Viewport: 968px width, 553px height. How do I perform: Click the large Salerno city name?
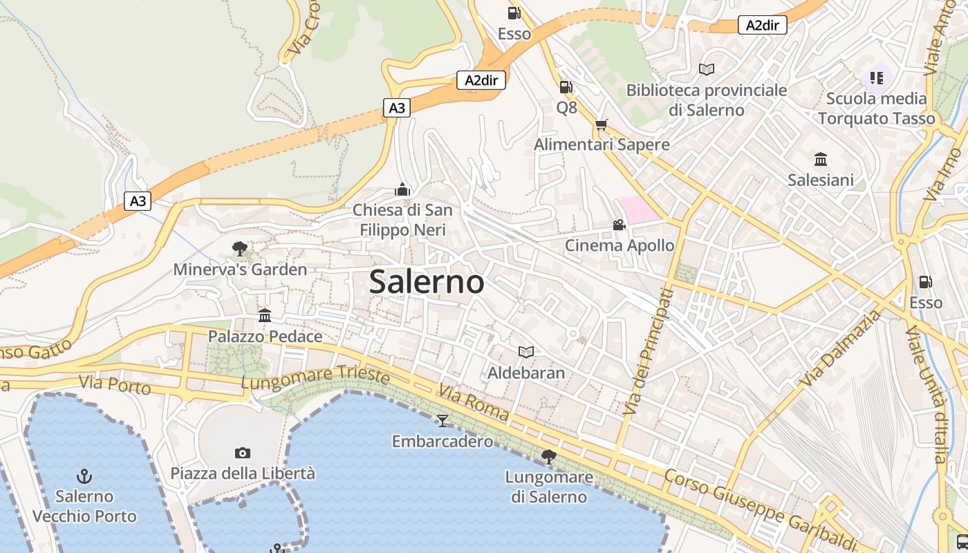[427, 282]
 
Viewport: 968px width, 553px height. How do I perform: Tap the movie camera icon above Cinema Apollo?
[619, 225]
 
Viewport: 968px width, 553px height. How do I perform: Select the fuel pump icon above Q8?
[566, 87]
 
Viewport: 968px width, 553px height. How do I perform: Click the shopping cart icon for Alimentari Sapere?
[601, 124]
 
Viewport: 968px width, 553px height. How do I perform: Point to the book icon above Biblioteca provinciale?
[706, 69]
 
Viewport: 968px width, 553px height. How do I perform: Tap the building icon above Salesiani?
[821, 160]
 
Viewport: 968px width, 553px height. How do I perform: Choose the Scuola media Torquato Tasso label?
[876, 109]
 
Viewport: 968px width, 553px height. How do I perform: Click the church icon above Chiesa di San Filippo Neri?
[402, 189]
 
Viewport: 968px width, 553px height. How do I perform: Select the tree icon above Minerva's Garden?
[240, 248]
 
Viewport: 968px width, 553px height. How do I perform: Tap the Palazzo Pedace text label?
[266, 337]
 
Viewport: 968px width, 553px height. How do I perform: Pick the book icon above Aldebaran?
[526, 352]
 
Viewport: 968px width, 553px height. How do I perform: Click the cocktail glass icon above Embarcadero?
[443, 420]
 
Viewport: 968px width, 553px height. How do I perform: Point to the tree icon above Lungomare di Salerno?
[549, 456]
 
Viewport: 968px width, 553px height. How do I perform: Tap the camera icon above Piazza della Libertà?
[242, 453]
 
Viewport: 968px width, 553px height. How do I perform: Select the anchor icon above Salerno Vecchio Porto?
[84, 476]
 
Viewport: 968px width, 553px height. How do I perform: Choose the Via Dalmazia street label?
[841, 348]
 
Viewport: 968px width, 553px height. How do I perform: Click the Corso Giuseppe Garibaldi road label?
[760, 508]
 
